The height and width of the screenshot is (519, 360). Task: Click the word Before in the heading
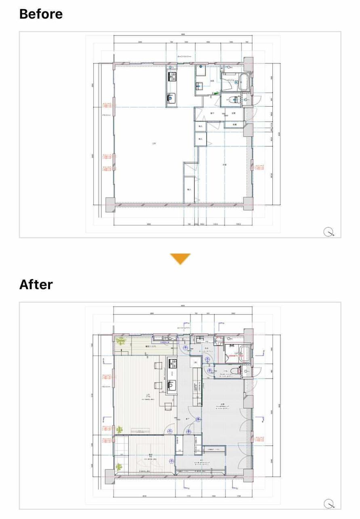tap(41, 14)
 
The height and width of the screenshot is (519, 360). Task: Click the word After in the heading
tap(36, 285)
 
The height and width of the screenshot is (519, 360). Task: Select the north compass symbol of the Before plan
tap(329, 232)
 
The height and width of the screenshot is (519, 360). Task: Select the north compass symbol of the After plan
tap(329, 503)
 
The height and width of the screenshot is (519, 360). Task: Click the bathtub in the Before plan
tap(244, 83)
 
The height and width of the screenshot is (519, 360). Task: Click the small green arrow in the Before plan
tap(216, 93)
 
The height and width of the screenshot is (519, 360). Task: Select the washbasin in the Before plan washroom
tap(199, 86)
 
